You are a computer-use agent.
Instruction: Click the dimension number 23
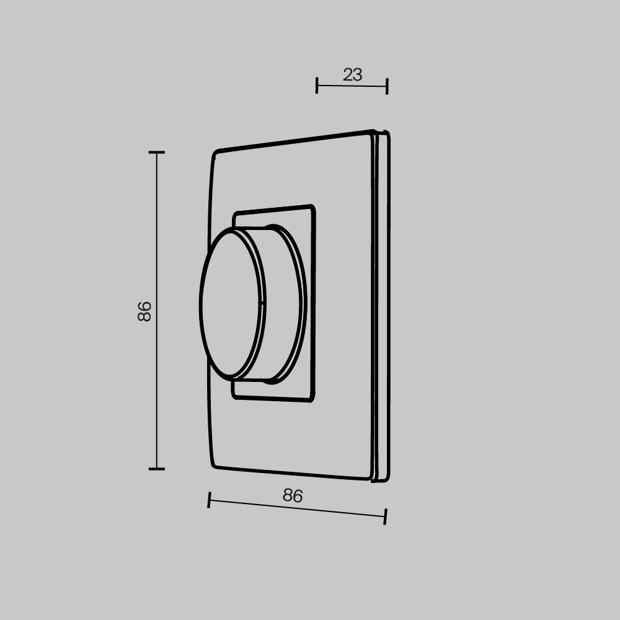coord(352,75)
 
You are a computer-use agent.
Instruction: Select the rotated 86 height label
coord(144,311)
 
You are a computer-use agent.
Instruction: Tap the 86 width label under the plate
coord(293,495)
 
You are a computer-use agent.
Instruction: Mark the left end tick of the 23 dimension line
coord(317,86)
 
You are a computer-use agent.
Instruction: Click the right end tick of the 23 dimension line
coord(387,86)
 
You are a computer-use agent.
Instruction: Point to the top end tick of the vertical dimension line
coord(156,152)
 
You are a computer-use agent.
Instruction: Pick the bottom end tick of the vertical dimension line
coord(156,469)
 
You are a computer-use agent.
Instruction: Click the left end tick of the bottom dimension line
coord(209,500)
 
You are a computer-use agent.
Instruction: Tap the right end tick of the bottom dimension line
coord(385,516)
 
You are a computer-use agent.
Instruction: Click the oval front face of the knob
coord(229,304)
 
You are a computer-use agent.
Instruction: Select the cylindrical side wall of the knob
coord(282,304)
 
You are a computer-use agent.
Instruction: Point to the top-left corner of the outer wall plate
coord(215,153)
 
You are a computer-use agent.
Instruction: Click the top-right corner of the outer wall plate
coord(373,132)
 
